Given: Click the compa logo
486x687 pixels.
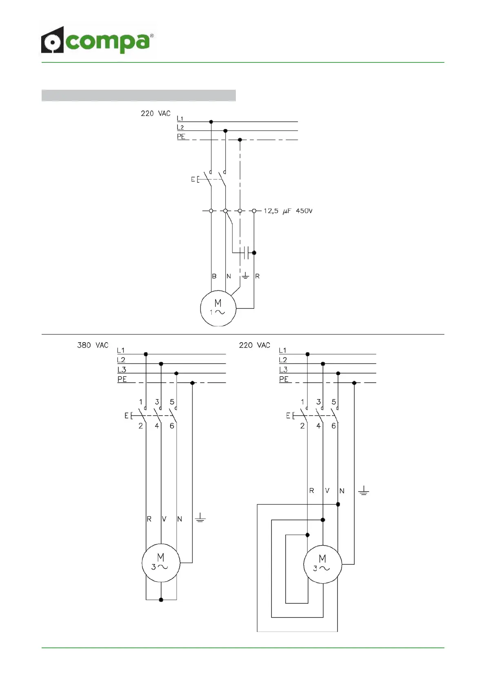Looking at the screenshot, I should (x=97, y=40).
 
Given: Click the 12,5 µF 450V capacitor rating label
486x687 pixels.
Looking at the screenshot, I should (x=288, y=211).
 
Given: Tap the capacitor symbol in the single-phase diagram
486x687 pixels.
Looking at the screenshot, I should (x=246, y=253).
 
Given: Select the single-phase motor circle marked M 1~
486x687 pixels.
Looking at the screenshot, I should (x=218, y=308).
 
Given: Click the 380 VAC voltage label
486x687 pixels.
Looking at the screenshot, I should (x=93, y=345).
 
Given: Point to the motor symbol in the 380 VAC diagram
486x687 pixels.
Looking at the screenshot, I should (x=161, y=563).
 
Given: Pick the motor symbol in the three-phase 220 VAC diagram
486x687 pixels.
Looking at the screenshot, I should (x=322, y=564).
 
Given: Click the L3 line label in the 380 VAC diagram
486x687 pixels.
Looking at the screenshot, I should (x=122, y=370).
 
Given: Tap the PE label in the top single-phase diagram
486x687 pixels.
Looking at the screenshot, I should (x=181, y=137).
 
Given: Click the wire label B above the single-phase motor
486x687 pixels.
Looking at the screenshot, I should (x=214, y=276).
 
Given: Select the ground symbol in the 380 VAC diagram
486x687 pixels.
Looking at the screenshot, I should (x=200, y=518).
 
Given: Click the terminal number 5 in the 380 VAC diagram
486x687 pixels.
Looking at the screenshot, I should (x=172, y=402).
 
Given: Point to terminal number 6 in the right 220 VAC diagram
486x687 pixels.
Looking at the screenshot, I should (x=334, y=426).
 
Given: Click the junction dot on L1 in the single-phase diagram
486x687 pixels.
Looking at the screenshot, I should (x=211, y=122).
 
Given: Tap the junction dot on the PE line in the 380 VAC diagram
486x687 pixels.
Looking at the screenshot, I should (x=193, y=383).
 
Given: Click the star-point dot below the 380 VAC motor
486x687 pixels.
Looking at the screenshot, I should (x=161, y=600).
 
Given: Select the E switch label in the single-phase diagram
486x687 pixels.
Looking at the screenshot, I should (x=193, y=179).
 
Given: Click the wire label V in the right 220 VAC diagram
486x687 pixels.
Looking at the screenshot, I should (x=327, y=490).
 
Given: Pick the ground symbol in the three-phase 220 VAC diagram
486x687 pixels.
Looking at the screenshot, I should (x=364, y=491).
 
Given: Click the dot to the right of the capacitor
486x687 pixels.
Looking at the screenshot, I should (x=254, y=253).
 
